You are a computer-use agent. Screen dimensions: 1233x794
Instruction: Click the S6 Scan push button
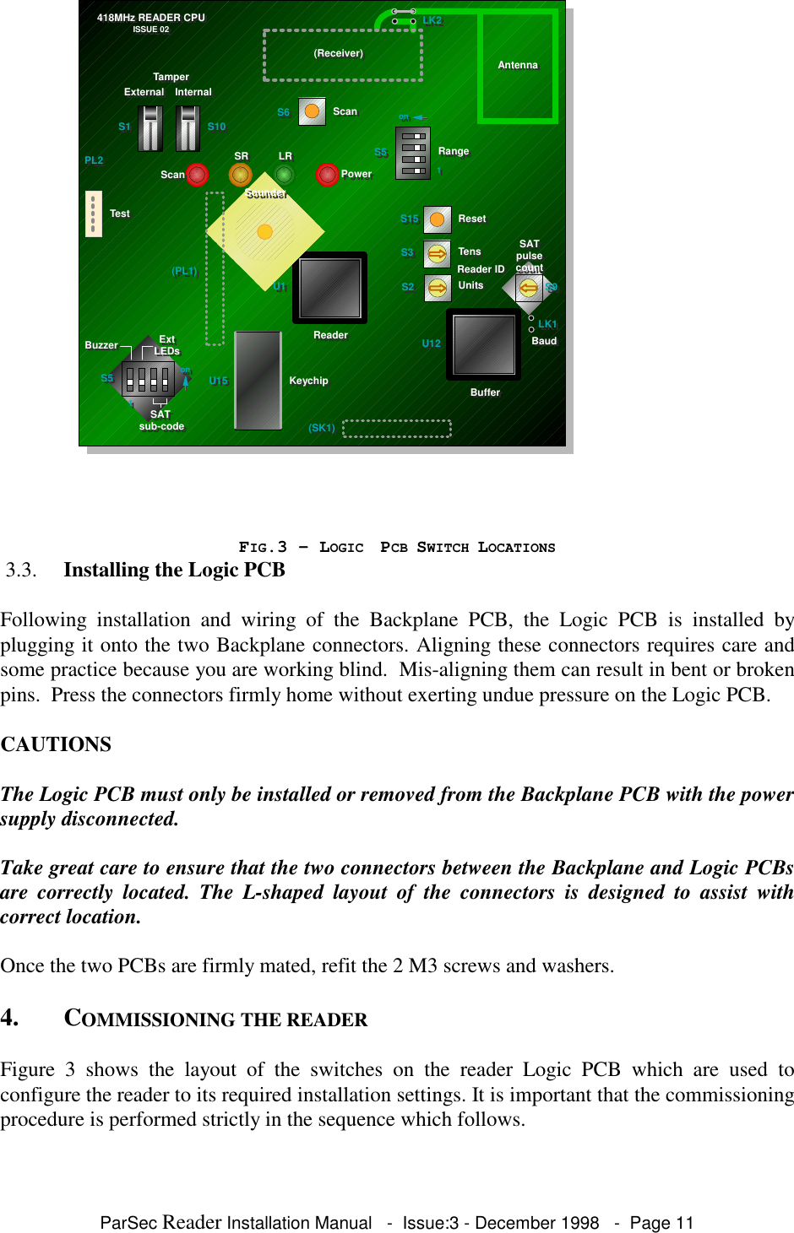(312, 111)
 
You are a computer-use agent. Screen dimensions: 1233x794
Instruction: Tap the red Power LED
(327, 175)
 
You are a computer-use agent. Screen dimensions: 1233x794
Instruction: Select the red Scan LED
(197, 175)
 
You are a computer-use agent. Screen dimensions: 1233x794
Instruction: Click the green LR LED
(285, 175)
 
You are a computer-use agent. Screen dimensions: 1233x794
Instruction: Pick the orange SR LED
(241, 175)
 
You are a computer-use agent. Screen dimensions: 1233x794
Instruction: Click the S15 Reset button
(437, 219)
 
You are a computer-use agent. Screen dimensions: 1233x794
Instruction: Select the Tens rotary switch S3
(437, 253)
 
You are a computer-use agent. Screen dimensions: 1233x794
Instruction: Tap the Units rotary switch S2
(437, 288)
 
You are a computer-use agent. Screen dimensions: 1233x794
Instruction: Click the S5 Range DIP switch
(413, 153)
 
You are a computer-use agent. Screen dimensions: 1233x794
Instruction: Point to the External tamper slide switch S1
(150, 128)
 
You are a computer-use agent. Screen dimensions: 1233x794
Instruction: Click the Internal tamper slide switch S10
(188, 128)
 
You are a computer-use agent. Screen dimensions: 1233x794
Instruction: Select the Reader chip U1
(329, 288)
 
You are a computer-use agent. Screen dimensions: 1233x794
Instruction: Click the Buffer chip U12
(483, 344)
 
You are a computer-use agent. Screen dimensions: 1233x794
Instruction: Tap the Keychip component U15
(258, 380)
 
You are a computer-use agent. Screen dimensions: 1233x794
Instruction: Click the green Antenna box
(518, 66)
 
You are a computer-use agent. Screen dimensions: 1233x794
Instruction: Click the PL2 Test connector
(93, 214)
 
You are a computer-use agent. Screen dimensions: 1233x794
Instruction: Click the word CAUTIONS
(56, 744)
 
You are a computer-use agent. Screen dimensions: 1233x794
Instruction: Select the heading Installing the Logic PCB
(174, 571)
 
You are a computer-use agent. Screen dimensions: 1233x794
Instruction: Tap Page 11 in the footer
(661, 1223)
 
